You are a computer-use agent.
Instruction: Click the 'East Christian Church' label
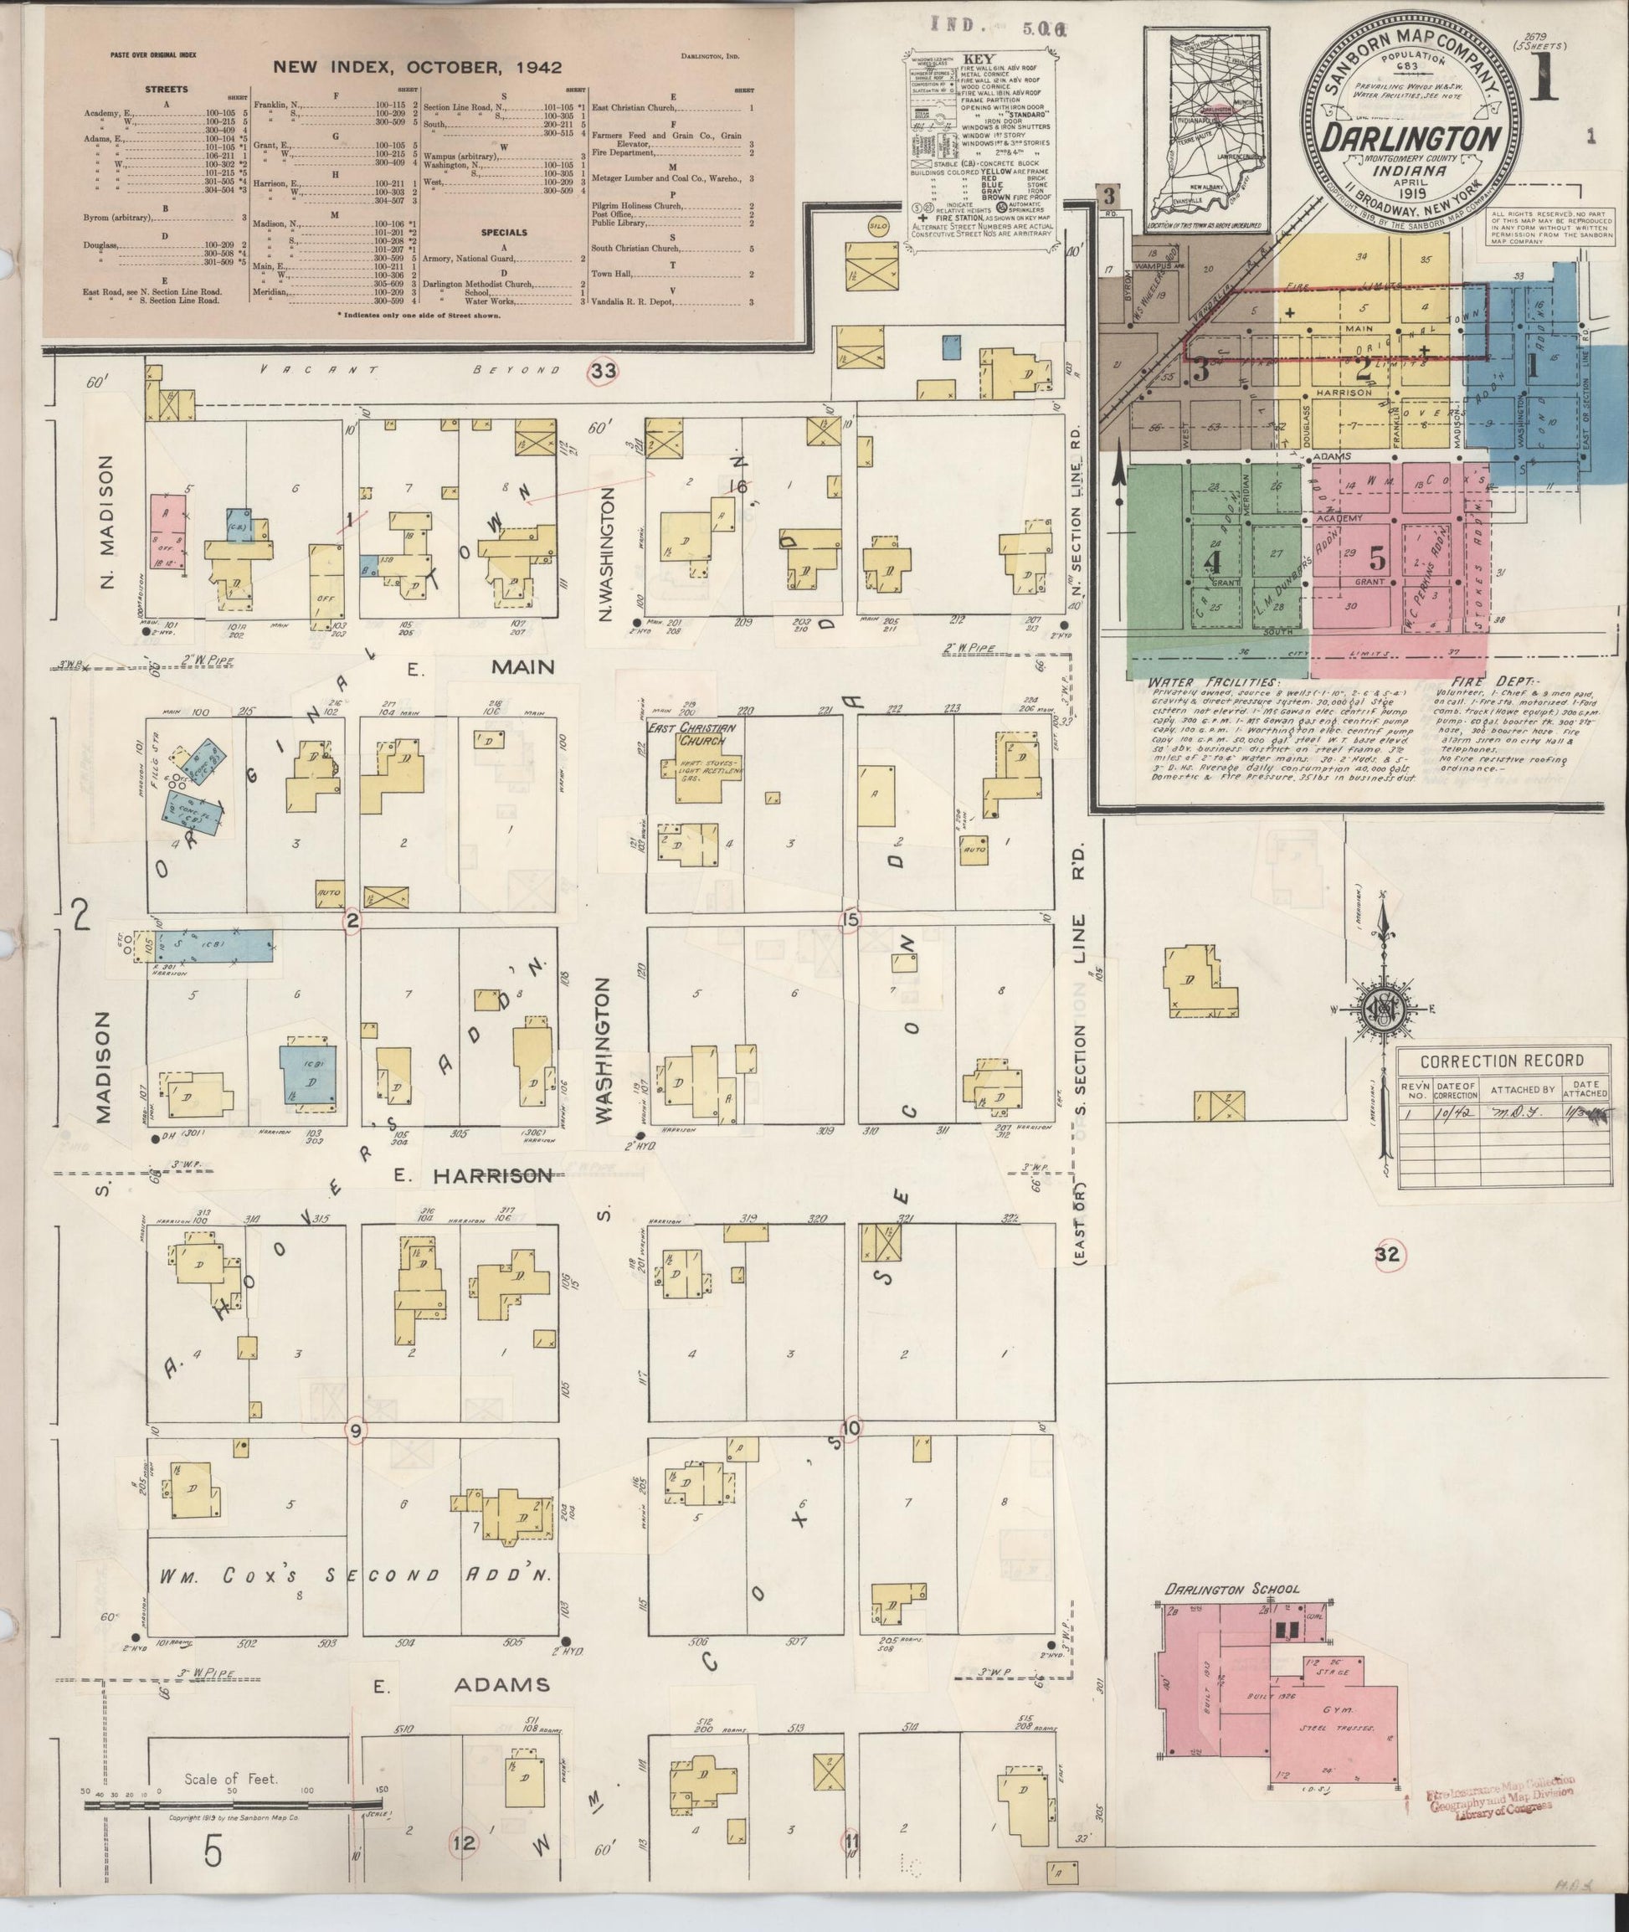point(697,734)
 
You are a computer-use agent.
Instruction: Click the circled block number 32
point(1388,1254)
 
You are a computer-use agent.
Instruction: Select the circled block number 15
point(850,919)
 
